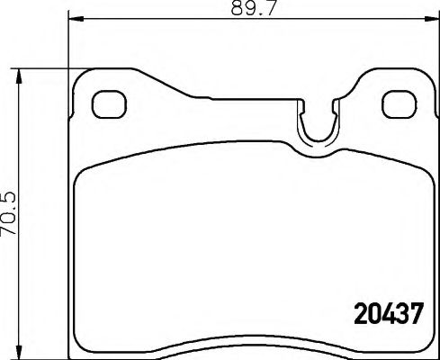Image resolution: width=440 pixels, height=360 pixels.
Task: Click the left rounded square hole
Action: pos(109,103)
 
